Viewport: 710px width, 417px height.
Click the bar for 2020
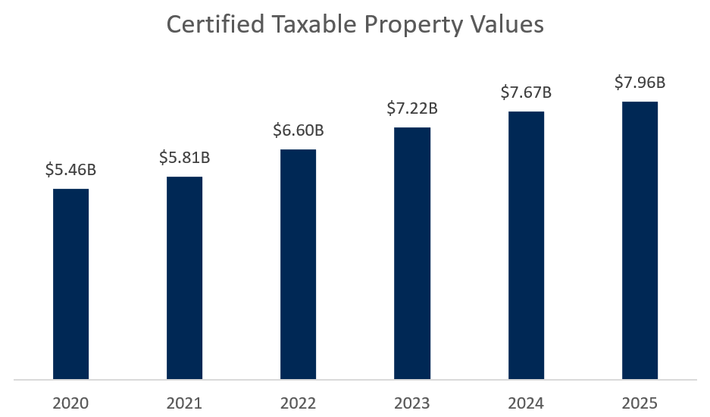coord(70,284)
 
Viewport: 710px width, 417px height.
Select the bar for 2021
coord(184,277)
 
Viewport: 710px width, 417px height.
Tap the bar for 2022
coord(298,264)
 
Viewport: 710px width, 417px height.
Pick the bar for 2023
coord(412,253)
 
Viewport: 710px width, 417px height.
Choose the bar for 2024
coord(526,245)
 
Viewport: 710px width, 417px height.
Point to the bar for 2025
coord(640,240)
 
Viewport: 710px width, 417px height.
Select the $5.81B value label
coord(184,158)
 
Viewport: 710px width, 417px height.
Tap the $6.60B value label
coord(299,130)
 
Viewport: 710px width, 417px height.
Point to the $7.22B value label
coord(412,108)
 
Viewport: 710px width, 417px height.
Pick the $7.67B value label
coord(526,92)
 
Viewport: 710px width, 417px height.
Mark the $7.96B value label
coord(640,82)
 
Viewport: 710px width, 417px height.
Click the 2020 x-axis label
coord(70,402)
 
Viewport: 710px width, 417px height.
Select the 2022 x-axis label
coord(298,402)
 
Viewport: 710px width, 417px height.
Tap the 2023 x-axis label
coord(412,402)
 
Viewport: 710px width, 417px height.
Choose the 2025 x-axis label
coord(640,402)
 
